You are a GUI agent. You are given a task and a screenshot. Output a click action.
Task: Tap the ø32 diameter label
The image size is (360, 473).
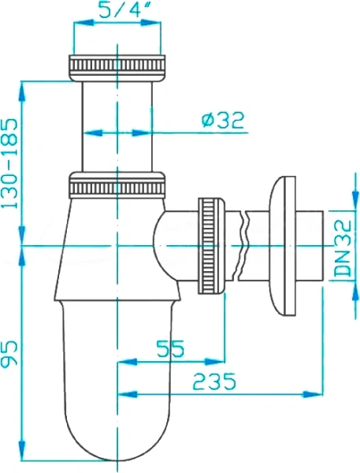tap(223, 120)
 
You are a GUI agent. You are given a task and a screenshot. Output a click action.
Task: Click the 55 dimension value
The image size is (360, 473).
tap(169, 348)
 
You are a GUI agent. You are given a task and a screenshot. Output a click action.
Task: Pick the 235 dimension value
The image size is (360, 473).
tap(214, 381)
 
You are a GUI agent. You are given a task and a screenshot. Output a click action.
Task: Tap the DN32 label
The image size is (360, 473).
tap(343, 248)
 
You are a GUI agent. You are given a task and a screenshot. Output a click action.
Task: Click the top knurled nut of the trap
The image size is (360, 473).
tap(117, 68)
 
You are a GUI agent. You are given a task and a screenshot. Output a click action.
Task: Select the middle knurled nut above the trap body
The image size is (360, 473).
tap(117, 185)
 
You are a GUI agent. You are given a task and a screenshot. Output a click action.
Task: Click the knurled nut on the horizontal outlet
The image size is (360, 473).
tap(211, 246)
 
